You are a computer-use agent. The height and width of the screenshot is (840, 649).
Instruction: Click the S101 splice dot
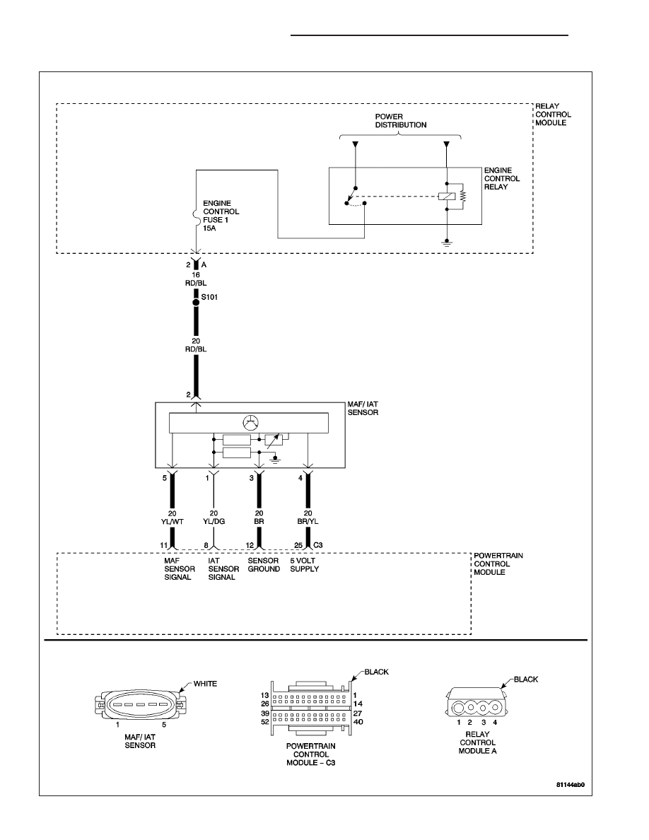point(196,302)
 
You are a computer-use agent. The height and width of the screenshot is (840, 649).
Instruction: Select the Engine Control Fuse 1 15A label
point(221,216)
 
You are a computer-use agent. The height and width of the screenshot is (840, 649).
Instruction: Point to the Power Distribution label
point(401,120)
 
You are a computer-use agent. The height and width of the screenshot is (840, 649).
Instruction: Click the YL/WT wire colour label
point(172,521)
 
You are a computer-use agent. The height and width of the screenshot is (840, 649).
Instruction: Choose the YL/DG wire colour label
point(214,521)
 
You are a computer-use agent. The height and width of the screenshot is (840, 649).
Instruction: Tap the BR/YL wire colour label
point(308,521)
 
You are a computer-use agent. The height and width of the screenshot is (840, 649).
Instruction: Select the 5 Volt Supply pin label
point(304,565)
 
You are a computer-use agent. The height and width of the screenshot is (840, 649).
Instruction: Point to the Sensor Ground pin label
point(264,565)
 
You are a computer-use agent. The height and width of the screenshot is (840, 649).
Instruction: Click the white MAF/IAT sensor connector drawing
point(140,704)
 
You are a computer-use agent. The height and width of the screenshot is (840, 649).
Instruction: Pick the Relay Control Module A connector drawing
point(476,703)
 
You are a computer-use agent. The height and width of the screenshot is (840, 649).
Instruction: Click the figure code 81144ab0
point(571,785)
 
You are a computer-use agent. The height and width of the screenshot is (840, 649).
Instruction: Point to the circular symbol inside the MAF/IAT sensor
point(250,423)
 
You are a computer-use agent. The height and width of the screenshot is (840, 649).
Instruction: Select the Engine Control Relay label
point(502,178)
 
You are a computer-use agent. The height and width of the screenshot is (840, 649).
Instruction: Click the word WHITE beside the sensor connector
point(205,684)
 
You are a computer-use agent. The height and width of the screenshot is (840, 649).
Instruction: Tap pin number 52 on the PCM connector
point(264,722)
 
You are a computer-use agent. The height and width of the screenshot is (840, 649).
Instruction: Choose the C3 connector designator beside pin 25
point(317,545)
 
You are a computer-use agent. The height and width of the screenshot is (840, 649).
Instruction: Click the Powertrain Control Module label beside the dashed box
point(498,564)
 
